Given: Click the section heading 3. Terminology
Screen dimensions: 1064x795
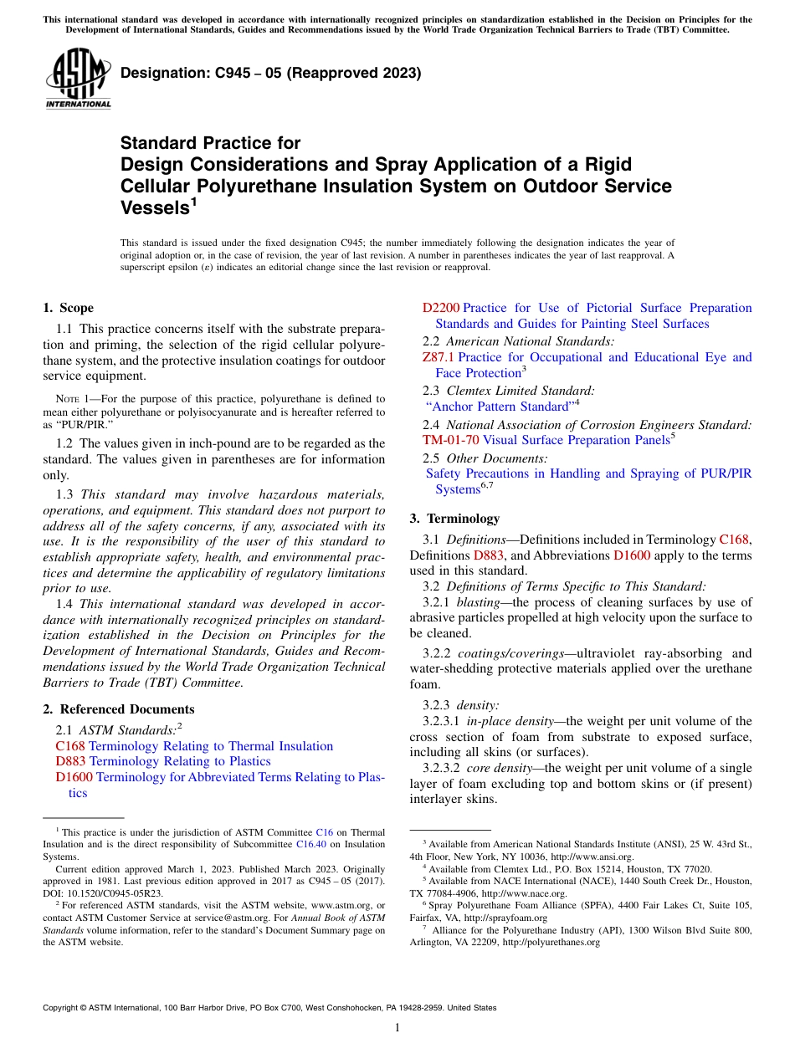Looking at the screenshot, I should point(454,519).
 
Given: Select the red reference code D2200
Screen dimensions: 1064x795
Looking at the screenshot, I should point(441,308).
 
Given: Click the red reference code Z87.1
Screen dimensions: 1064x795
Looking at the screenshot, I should point(439,357).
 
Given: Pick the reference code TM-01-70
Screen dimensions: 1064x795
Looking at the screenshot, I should point(450,440).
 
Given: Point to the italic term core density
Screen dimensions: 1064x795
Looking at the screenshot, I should point(500,768).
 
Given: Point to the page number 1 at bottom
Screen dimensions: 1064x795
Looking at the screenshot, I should point(397,1027).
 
